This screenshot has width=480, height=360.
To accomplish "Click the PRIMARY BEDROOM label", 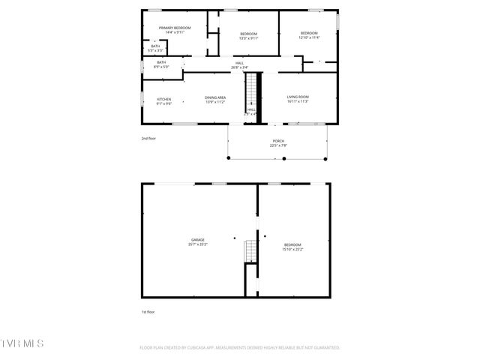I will click(174, 28).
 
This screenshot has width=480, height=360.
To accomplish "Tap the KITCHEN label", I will click(163, 99).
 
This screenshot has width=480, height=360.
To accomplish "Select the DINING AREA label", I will click(215, 97).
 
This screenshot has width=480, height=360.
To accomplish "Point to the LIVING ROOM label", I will click(298, 97).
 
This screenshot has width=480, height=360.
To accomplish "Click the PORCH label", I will click(278, 141).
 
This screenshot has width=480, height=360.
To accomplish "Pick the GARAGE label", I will click(198, 240).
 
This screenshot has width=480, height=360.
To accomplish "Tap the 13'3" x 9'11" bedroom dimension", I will click(248, 38).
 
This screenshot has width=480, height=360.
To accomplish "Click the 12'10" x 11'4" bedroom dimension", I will click(310, 37).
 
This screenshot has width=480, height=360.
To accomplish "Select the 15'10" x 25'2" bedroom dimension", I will click(292, 249).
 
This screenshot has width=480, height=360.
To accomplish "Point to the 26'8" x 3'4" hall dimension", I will click(239, 67).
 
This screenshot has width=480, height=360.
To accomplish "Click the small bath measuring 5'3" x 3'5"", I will click(155, 49).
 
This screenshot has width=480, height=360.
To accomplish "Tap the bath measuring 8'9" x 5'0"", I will click(161, 64).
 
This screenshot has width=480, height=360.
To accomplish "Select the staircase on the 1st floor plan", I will click(249, 250).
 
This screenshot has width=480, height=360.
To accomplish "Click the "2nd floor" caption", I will click(148, 139).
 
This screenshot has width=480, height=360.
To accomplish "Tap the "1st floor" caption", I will click(148, 311).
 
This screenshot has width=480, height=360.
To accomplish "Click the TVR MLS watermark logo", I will click(22, 343).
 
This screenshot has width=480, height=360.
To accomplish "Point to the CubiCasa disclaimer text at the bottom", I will click(239, 348).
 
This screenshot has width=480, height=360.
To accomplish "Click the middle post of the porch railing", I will click(278, 158).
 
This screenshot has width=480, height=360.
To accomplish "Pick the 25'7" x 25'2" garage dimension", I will click(198, 244).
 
